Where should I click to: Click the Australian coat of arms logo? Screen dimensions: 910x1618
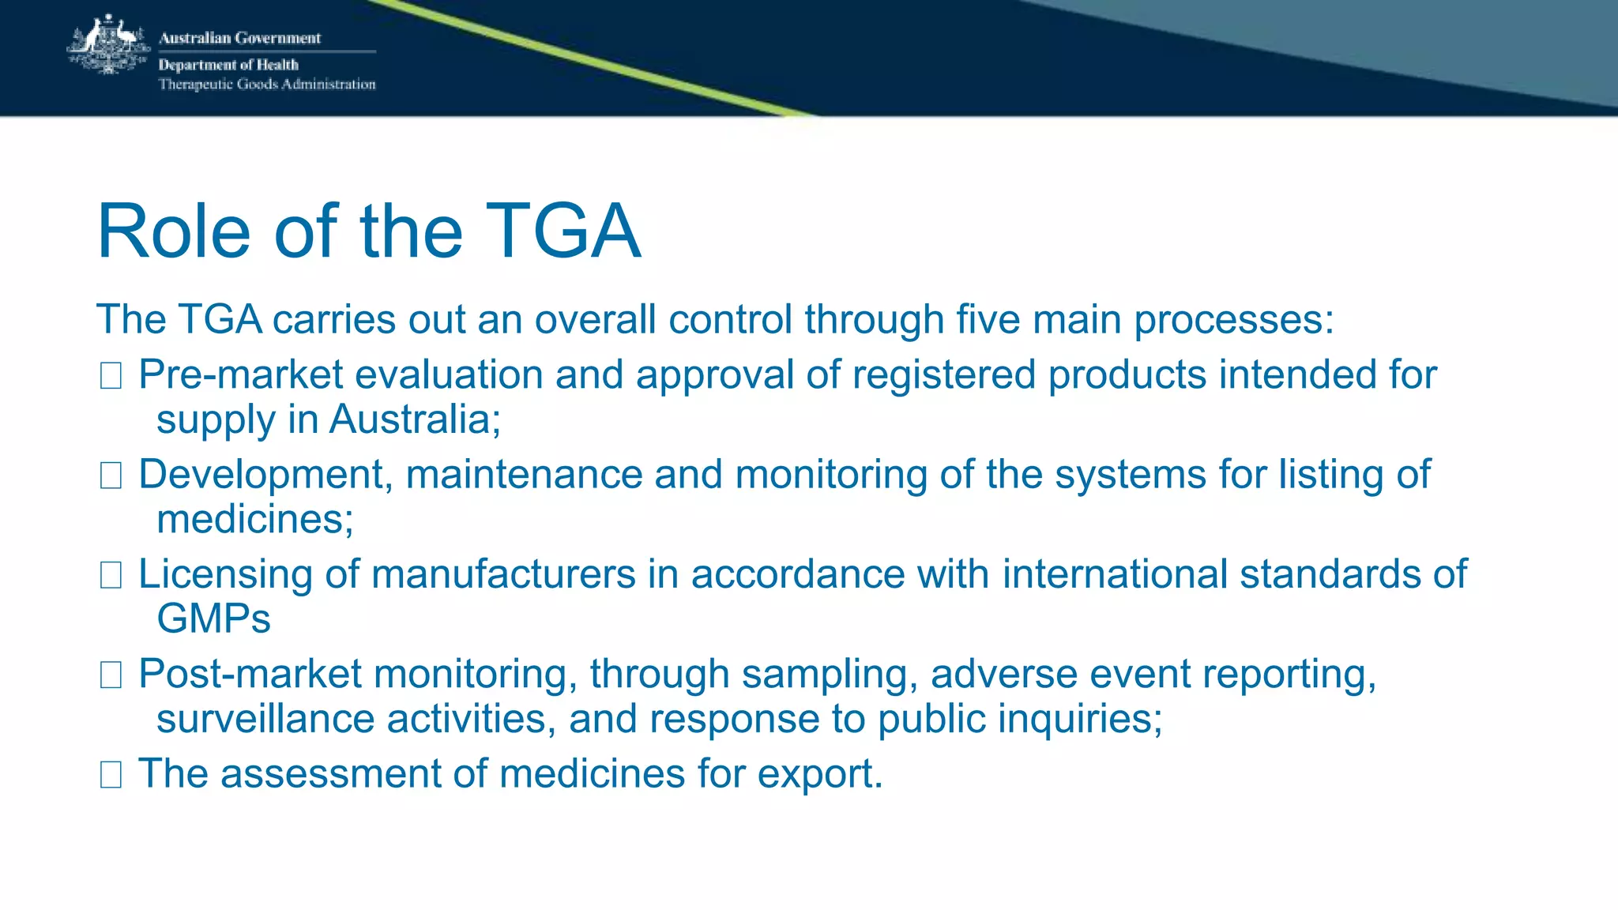108,46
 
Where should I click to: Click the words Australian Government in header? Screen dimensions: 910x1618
239,38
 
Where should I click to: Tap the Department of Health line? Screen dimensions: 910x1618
228,65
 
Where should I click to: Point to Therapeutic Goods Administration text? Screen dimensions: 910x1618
267,85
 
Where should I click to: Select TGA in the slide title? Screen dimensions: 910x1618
563,231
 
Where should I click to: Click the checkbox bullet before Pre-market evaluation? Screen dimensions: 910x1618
111,376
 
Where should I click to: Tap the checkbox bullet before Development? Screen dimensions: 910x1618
111,476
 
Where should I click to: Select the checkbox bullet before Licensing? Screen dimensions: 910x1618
111,575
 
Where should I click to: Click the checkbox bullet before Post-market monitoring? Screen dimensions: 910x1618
111,675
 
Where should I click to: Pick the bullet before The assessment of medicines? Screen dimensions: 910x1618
111,775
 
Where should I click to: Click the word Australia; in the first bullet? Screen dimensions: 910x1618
415,419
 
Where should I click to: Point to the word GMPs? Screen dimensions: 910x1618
213,619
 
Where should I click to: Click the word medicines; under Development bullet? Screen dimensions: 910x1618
255,519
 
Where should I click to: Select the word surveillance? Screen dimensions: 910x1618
265,719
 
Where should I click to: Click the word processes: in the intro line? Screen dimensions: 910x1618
1234,321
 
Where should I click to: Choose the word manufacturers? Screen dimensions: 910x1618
503,574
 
